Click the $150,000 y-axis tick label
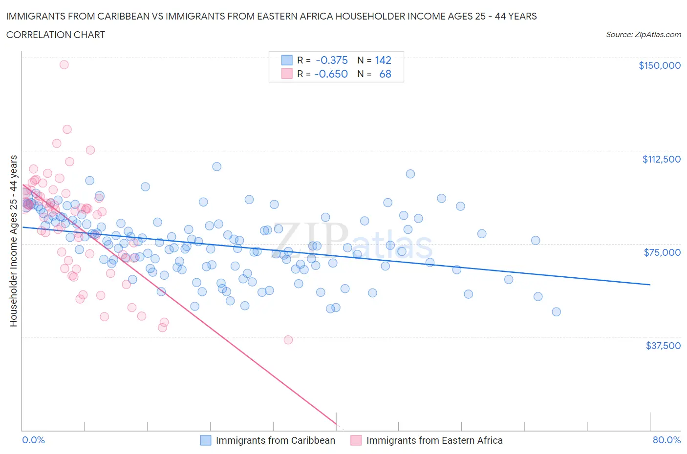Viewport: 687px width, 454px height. point(659,65)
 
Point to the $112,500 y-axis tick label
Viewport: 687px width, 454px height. point(661,159)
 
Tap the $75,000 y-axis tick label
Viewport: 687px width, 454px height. point(662,252)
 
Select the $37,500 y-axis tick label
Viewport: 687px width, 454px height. point(663,346)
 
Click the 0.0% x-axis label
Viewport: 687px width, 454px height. point(33,440)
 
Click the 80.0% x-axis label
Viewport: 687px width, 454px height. point(666,440)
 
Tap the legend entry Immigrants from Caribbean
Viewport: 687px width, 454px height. point(275,440)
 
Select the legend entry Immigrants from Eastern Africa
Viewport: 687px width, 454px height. point(434,440)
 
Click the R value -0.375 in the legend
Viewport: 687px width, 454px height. point(332,60)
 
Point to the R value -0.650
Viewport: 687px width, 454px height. point(331,74)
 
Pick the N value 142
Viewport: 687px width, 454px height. point(383,60)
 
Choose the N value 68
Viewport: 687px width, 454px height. point(385,74)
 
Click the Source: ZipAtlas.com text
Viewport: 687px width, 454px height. point(643,35)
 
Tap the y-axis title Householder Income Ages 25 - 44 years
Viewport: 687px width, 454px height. point(13,241)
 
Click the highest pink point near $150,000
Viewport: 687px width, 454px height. point(64,64)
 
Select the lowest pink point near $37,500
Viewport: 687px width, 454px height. point(288,340)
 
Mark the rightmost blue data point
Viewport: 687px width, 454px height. point(556,312)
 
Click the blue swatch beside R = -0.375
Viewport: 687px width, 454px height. point(287,60)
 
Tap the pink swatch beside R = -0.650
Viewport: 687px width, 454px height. point(287,74)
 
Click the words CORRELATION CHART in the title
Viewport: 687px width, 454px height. point(56,35)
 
